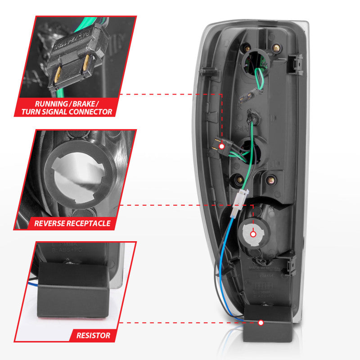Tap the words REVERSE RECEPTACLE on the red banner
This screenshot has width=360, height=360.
72,223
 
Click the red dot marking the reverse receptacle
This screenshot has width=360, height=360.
253,234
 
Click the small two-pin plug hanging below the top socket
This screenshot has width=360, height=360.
249,95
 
